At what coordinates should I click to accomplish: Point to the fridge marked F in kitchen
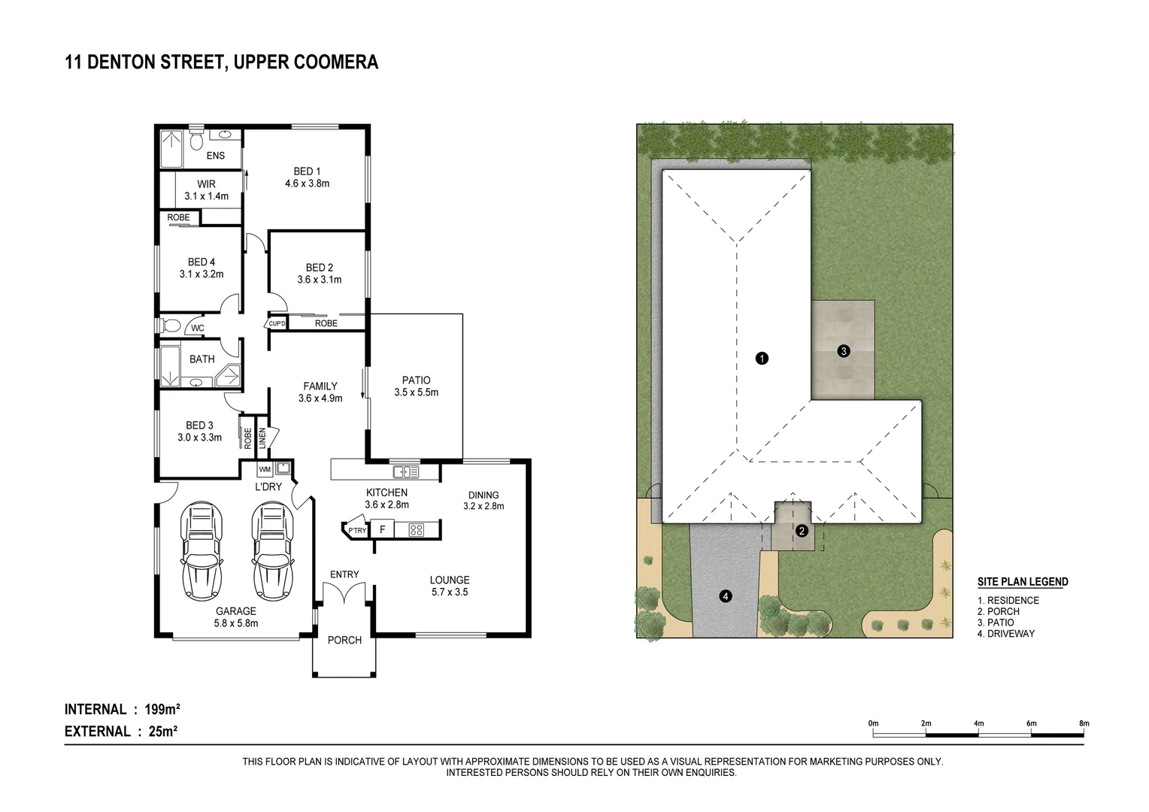(383, 529)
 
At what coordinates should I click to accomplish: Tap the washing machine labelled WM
(265, 470)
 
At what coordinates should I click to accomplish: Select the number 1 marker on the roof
(762, 359)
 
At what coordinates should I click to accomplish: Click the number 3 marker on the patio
(844, 350)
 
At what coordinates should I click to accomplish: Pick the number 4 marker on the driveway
(726, 596)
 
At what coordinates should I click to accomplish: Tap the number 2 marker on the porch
(802, 531)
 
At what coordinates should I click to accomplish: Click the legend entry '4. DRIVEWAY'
(1006, 634)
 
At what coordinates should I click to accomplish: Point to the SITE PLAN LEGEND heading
(1023, 582)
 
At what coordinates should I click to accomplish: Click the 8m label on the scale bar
(1084, 723)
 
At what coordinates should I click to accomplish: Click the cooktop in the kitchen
(416, 529)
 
